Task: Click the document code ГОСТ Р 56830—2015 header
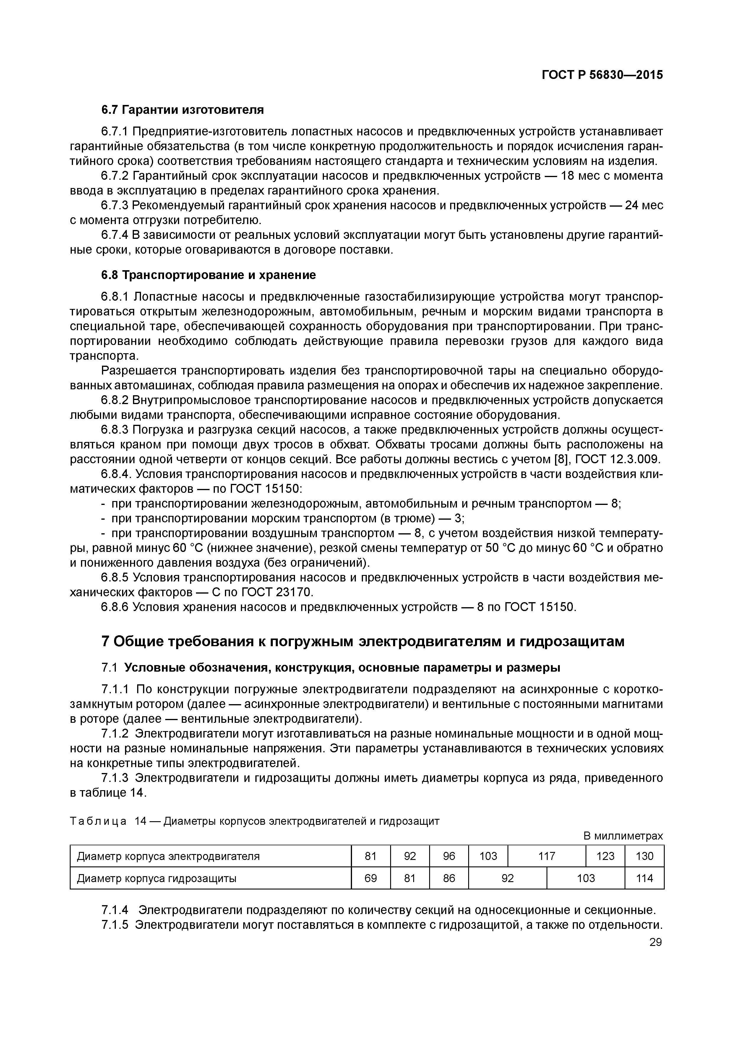pyautogui.click(x=602, y=75)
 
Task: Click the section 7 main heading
pyautogui.click(x=363, y=641)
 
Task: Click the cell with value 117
pyautogui.click(x=546, y=856)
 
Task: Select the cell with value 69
pyautogui.click(x=370, y=878)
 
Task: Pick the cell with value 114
pyautogui.click(x=644, y=878)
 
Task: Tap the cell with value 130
pyautogui.click(x=644, y=856)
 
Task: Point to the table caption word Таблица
pyautogui.click(x=98, y=821)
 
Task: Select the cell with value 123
pyautogui.click(x=605, y=856)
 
